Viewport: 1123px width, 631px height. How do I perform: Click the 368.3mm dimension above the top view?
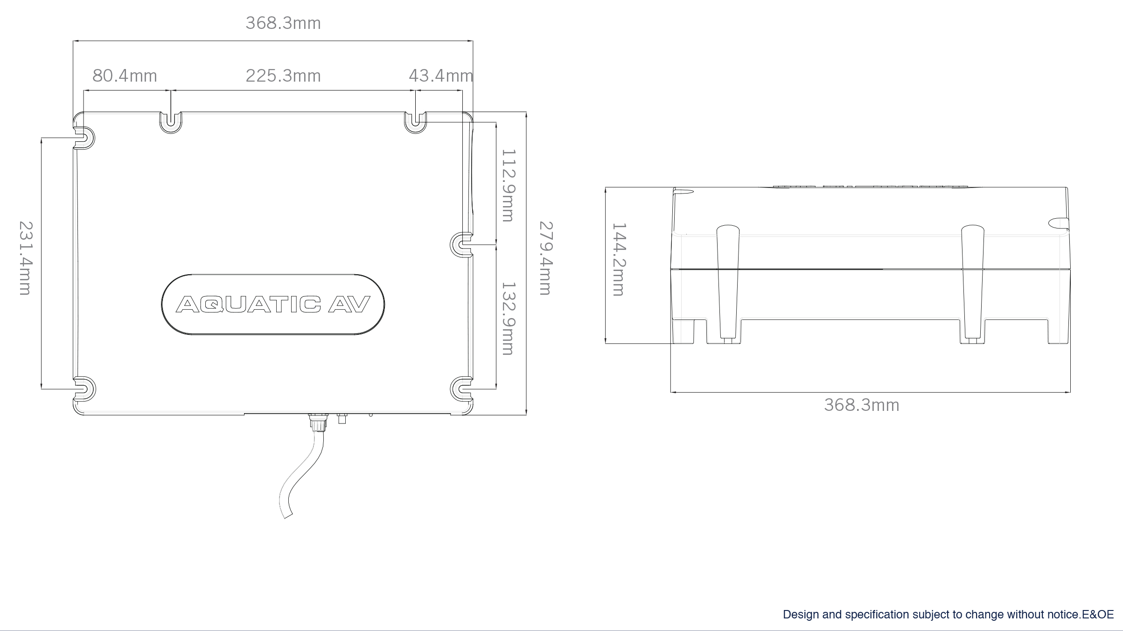[x=283, y=23]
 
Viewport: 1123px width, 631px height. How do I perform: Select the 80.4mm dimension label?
[x=125, y=76]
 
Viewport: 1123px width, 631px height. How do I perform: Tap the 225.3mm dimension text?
[x=283, y=76]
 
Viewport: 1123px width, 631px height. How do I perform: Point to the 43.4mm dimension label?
[x=440, y=76]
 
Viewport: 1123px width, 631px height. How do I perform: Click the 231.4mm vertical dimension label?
[x=25, y=258]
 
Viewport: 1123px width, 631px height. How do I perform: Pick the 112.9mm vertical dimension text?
[x=508, y=185]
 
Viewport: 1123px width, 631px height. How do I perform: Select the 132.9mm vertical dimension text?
[x=508, y=319]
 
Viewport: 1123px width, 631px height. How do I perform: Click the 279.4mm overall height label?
[x=546, y=258]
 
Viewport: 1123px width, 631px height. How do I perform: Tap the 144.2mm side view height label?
[x=619, y=259]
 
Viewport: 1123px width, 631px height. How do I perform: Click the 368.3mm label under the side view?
[x=861, y=405]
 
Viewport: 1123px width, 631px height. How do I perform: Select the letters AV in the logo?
[x=349, y=305]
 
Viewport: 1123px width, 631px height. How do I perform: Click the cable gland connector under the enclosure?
[x=318, y=423]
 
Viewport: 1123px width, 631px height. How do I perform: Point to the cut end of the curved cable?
[x=288, y=515]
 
